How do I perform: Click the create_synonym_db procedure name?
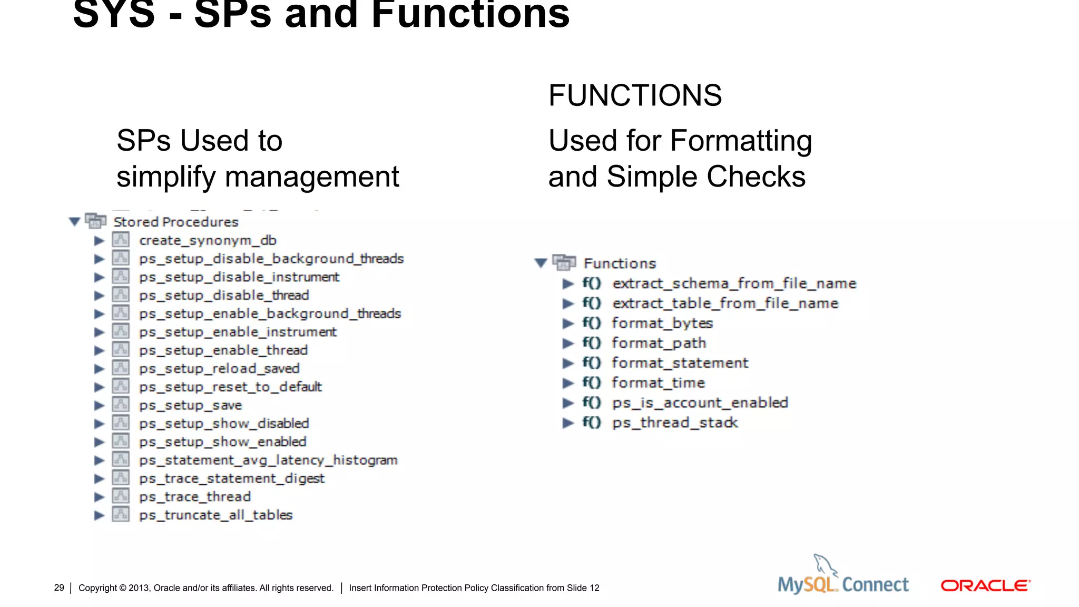click(208, 241)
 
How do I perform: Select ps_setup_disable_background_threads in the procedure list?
click(271, 259)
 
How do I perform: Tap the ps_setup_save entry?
click(190, 406)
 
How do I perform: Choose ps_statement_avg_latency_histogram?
click(268, 461)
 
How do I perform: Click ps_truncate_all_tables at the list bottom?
click(215, 515)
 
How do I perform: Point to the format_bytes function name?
click(662, 324)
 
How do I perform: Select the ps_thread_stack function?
click(675, 423)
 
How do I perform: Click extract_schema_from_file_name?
click(734, 284)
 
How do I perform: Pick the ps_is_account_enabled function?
click(700, 403)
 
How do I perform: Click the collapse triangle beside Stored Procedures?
click(75, 221)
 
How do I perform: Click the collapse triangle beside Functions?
click(541, 263)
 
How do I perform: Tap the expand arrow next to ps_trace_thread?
click(99, 497)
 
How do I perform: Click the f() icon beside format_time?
click(592, 383)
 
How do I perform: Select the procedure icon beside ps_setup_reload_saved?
click(121, 368)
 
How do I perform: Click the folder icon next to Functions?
click(564, 262)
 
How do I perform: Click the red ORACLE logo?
click(985, 585)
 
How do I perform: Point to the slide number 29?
click(59, 588)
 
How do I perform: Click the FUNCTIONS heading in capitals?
click(635, 95)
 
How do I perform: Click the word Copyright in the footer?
click(97, 588)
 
